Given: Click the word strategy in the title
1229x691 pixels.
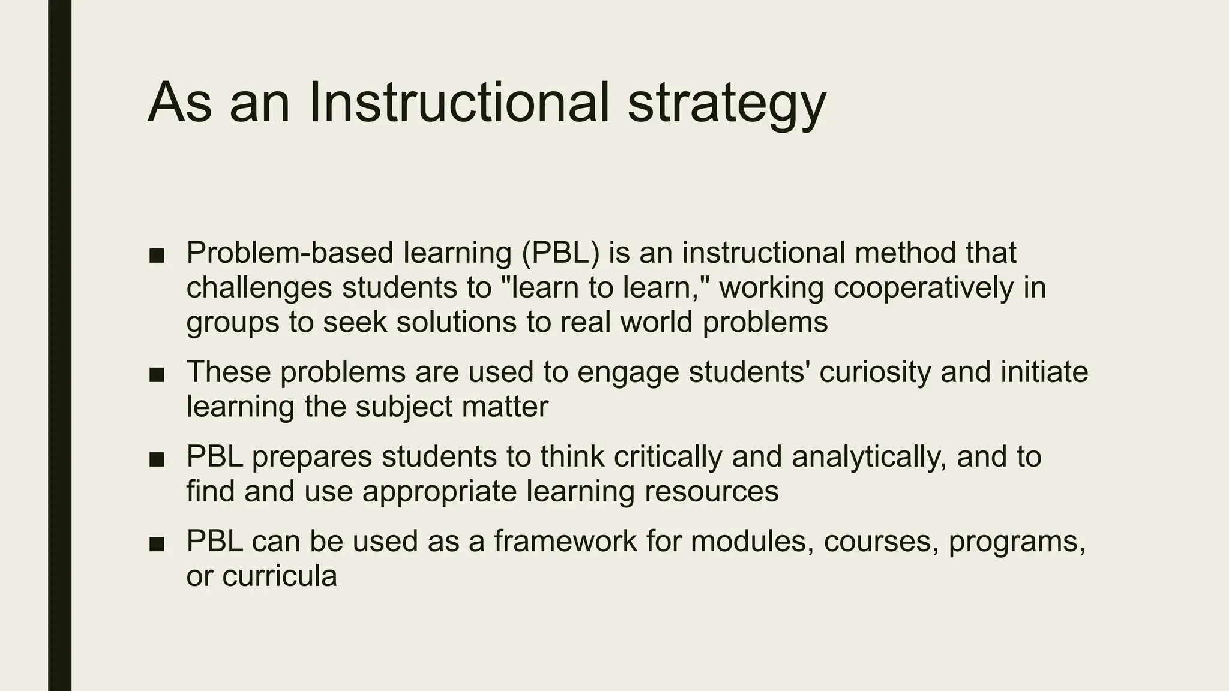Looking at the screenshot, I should click(727, 103).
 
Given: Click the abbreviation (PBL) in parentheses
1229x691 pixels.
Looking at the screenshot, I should click(560, 253).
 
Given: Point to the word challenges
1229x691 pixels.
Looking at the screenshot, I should click(259, 288).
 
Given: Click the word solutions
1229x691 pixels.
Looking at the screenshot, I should click(456, 322).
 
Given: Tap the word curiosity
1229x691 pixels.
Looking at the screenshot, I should click(874, 372).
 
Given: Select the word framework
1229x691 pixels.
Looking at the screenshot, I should click(565, 541).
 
